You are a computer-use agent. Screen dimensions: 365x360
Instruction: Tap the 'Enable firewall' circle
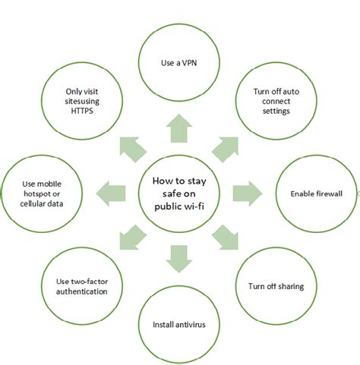pyautogui.click(x=316, y=194)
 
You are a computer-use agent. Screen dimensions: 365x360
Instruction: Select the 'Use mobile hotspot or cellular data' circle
pyautogui.click(x=42, y=194)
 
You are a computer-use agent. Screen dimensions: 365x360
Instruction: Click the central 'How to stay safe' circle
pyautogui.click(x=179, y=190)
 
